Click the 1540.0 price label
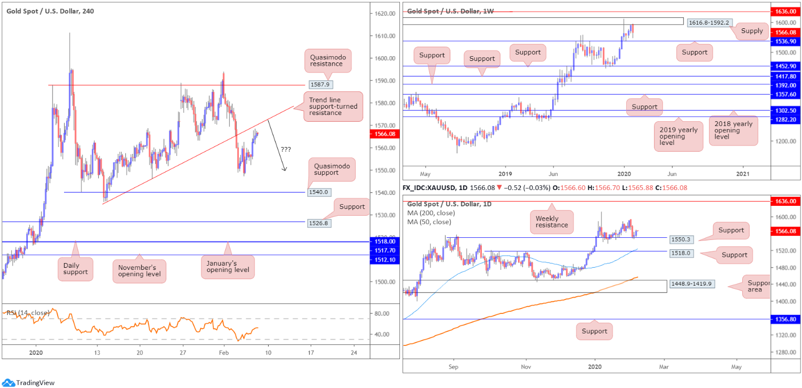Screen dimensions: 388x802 click(x=319, y=192)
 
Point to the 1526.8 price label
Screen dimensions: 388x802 click(x=319, y=223)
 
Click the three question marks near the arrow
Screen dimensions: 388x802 click(x=286, y=149)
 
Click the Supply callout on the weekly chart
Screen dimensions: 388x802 click(x=752, y=31)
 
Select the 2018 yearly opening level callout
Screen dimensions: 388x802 click(x=733, y=131)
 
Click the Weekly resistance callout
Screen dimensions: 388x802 click(x=551, y=221)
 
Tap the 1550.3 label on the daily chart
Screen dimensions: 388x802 click(x=682, y=239)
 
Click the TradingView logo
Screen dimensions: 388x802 click(x=28, y=383)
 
